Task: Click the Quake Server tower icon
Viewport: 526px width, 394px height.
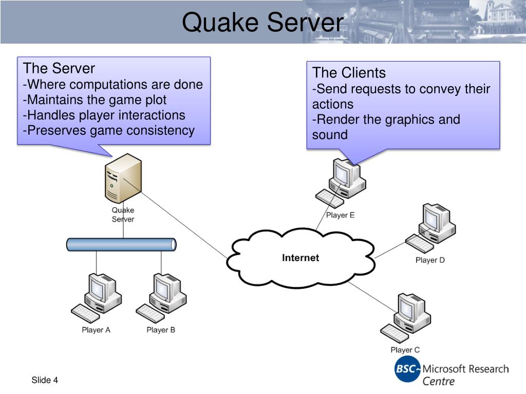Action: pyautogui.click(x=123, y=178)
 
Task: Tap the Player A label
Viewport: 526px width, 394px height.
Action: pyautogui.click(x=96, y=330)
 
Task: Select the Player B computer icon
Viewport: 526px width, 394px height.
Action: pyautogui.click(x=161, y=298)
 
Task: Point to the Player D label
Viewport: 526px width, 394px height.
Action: pyautogui.click(x=430, y=260)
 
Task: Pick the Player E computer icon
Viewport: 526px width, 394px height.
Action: pyautogui.click(x=341, y=183)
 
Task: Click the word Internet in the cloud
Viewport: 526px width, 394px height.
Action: pyautogui.click(x=300, y=258)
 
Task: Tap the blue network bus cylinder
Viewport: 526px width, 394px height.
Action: pyautogui.click(x=121, y=245)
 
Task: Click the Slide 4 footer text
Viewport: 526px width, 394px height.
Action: pyautogui.click(x=45, y=380)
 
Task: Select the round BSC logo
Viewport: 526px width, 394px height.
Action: pyautogui.click(x=407, y=369)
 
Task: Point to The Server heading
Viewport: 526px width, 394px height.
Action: pyautogui.click(x=59, y=68)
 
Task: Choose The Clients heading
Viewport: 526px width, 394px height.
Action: pyautogui.click(x=349, y=73)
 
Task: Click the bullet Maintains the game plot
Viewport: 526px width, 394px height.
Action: pyautogui.click(x=95, y=100)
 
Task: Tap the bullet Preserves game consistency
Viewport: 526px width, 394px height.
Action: pyautogui.click(x=109, y=130)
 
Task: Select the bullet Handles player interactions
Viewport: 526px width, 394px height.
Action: pyautogui.click(x=104, y=115)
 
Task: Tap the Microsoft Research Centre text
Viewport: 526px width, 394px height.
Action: pyautogui.click(x=465, y=375)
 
